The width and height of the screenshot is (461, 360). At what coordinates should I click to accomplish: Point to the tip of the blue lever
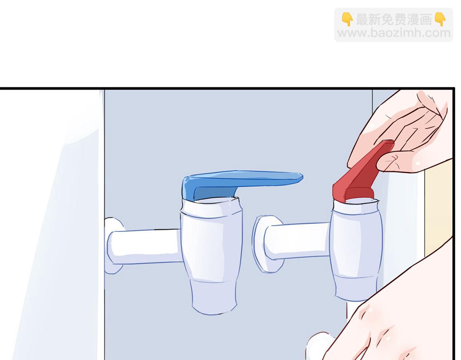(x=302, y=177)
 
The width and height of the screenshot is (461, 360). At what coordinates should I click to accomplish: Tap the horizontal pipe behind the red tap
(x=297, y=241)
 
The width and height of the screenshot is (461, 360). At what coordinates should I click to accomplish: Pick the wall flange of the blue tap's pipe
(x=113, y=246)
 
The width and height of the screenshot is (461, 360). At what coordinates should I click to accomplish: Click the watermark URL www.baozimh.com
(x=394, y=33)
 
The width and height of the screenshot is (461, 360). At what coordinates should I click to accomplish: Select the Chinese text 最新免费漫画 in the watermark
(x=394, y=20)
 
